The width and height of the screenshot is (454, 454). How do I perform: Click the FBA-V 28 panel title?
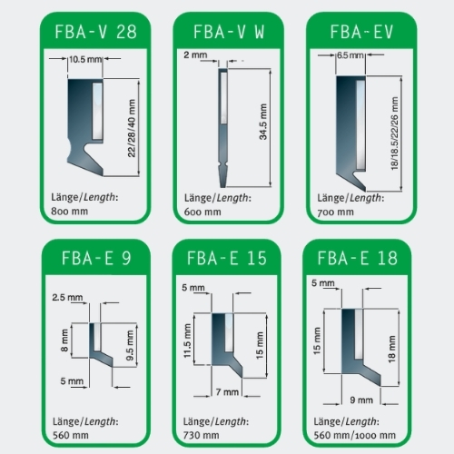(x=95, y=32)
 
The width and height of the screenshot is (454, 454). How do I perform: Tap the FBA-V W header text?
(x=229, y=32)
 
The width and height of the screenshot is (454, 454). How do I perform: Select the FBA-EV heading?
(x=361, y=32)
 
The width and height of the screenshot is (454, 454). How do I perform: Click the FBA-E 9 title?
(x=96, y=258)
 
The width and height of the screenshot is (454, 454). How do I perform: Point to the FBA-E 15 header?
(x=227, y=258)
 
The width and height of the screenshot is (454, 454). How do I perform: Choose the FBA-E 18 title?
(x=357, y=258)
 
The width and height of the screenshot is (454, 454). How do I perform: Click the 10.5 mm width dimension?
(x=85, y=59)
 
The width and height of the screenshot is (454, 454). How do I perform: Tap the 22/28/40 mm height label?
(x=132, y=128)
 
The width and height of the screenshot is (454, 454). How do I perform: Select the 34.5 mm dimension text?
(x=263, y=122)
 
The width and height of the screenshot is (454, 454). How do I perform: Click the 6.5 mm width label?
(x=350, y=55)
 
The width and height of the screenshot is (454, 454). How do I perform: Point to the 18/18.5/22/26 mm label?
(x=395, y=133)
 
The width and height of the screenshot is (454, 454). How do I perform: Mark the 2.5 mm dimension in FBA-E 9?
(x=67, y=297)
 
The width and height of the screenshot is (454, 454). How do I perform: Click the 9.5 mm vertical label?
(x=130, y=345)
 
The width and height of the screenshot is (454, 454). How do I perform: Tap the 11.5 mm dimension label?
(x=187, y=340)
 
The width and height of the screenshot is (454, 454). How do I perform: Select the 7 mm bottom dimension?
(x=227, y=392)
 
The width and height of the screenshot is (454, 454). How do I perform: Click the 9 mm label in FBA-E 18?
(x=361, y=400)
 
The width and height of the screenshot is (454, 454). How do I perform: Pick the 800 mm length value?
(x=69, y=212)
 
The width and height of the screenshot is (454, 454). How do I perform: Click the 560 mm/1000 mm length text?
(x=354, y=435)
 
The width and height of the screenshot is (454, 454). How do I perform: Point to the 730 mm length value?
(x=201, y=435)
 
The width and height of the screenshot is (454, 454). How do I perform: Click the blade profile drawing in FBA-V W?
(x=223, y=128)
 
